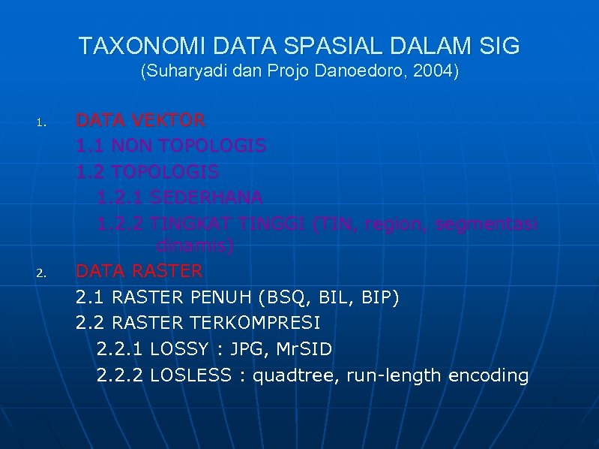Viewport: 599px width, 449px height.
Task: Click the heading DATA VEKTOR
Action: coord(140,120)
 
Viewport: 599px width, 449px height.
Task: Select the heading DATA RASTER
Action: coord(139,270)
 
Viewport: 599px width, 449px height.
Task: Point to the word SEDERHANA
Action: coord(206,197)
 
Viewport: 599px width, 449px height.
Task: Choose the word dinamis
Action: coord(193,246)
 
